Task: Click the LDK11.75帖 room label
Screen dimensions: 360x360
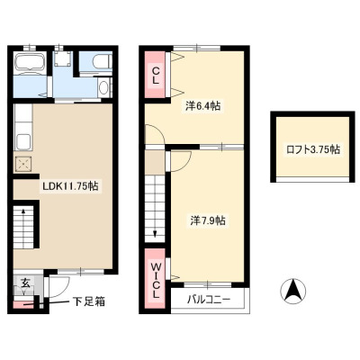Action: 70,186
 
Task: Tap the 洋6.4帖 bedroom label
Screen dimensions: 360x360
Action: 202,106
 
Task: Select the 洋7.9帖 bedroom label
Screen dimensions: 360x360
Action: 208,220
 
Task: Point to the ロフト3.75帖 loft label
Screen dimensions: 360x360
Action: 313,149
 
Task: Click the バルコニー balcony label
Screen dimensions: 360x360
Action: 209,300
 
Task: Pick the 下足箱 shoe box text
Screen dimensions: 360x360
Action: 89,301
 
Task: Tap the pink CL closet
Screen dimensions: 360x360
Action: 155,75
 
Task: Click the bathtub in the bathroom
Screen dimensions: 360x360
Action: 30,62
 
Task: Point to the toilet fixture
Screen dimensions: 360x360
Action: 103,61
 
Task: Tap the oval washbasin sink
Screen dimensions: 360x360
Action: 104,87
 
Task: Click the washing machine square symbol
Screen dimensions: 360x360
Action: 63,58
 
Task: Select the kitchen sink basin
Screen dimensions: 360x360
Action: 22,141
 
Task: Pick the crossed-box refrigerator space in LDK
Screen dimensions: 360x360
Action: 22,165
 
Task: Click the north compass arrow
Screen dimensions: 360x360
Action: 293,291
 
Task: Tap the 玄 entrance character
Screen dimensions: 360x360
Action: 25,283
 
